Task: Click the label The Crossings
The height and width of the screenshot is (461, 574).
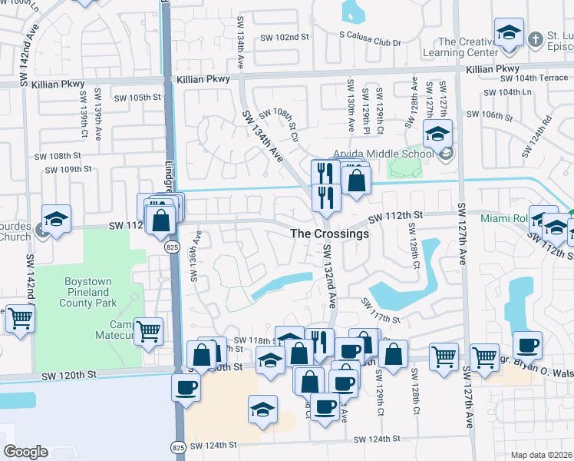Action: point(329,234)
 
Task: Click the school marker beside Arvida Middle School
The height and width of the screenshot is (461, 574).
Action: point(437,135)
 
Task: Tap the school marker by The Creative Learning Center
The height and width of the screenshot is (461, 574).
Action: point(508,34)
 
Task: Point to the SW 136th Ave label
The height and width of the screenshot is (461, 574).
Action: point(196,256)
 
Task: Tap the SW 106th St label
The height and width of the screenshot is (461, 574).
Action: point(492,115)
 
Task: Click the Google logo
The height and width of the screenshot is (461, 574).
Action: point(25,452)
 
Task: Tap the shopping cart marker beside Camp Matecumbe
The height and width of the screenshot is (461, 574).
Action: point(148,330)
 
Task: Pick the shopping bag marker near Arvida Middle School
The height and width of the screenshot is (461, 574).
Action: point(356,181)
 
